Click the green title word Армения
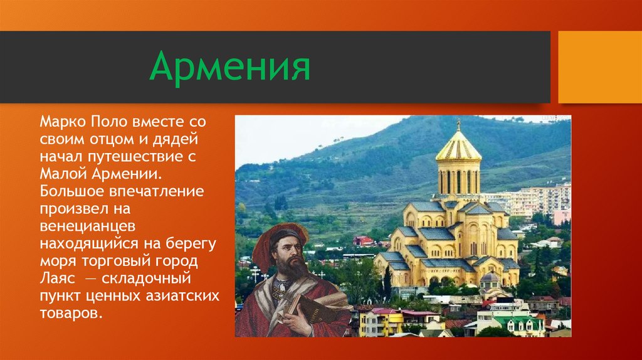click(x=229, y=67)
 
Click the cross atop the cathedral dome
click(x=458, y=123)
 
